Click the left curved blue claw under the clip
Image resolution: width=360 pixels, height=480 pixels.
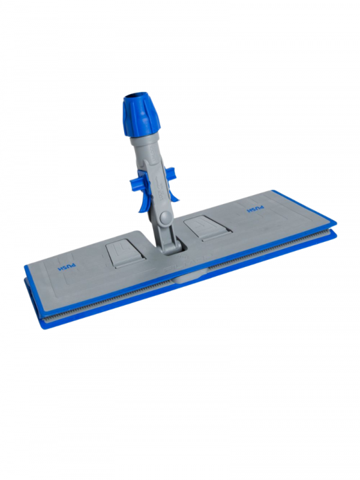coord(142,202)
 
